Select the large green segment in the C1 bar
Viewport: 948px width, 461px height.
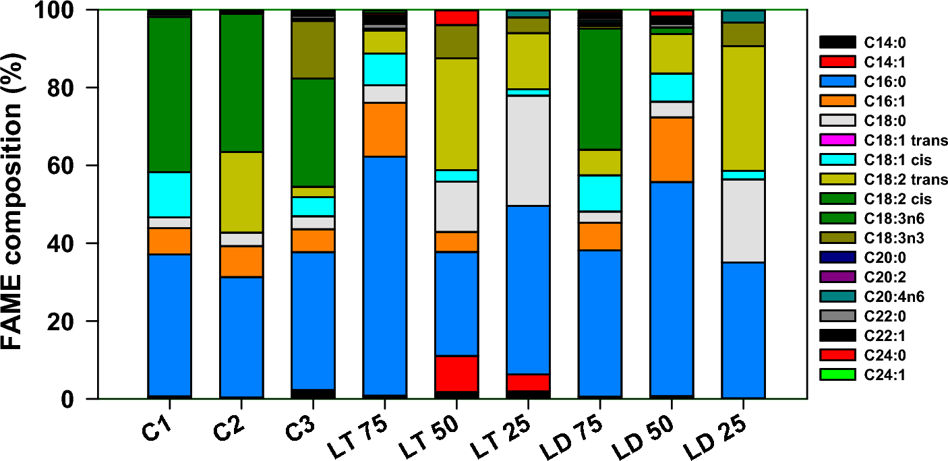click(x=170, y=94)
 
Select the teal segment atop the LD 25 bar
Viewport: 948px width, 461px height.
click(x=743, y=16)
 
